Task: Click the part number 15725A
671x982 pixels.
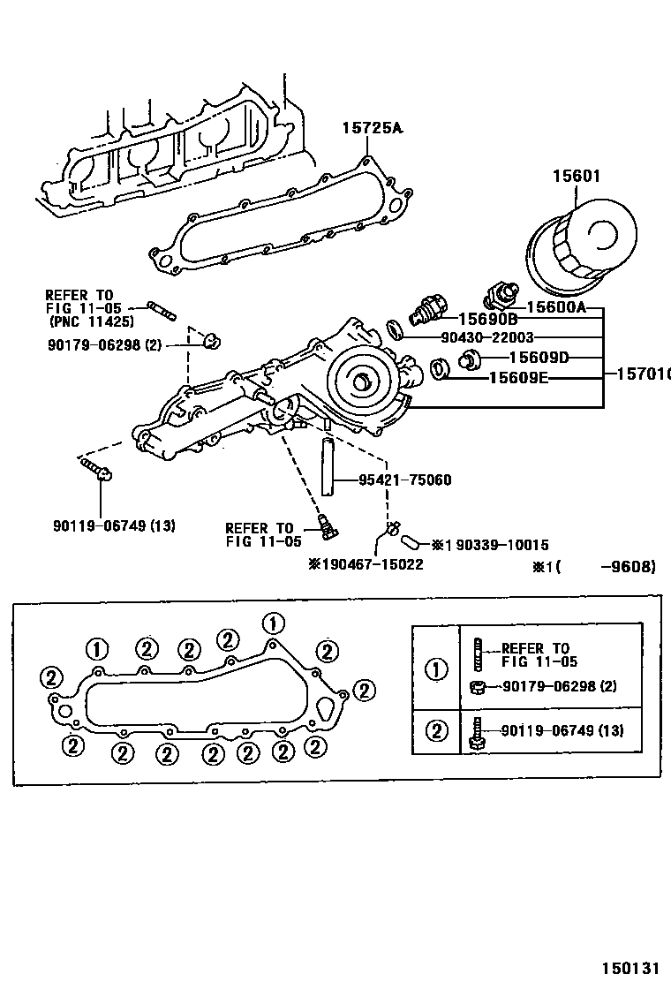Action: click(372, 128)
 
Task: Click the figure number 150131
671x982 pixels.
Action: click(631, 967)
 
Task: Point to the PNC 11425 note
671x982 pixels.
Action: click(91, 321)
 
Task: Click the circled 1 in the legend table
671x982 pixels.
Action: click(435, 669)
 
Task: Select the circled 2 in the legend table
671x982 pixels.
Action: click(435, 730)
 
